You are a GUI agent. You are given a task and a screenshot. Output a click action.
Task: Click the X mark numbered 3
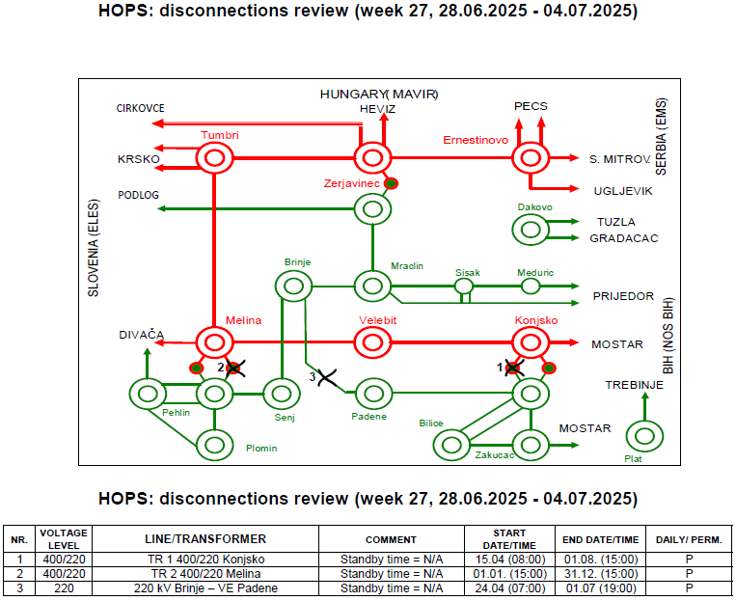pyautogui.click(x=327, y=378)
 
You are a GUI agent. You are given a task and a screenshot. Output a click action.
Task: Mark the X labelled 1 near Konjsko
pyautogui.click(x=514, y=369)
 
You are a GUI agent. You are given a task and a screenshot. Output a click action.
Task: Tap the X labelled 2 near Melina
pyautogui.click(x=234, y=369)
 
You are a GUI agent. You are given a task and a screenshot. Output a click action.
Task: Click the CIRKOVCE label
pyautogui.click(x=140, y=108)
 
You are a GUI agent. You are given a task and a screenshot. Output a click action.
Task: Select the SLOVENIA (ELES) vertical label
pyautogui.click(x=94, y=248)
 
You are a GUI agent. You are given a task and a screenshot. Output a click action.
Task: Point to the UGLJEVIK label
pyautogui.click(x=623, y=191)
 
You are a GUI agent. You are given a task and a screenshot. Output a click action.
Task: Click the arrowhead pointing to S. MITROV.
pyautogui.click(x=574, y=158)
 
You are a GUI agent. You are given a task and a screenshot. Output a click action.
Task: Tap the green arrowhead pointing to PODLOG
pyautogui.click(x=161, y=209)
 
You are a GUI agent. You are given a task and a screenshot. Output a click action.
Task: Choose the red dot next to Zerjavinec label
pyautogui.click(x=391, y=183)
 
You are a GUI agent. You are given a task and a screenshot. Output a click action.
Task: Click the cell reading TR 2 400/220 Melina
pyautogui.click(x=205, y=574)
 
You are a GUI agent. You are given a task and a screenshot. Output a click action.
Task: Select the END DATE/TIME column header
pyautogui.click(x=600, y=540)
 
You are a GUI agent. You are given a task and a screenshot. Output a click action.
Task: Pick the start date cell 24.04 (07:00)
pyautogui.click(x=509, y=588)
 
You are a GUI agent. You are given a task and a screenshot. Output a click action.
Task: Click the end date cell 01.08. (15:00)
pyautogui.click(x=600, y=560)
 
